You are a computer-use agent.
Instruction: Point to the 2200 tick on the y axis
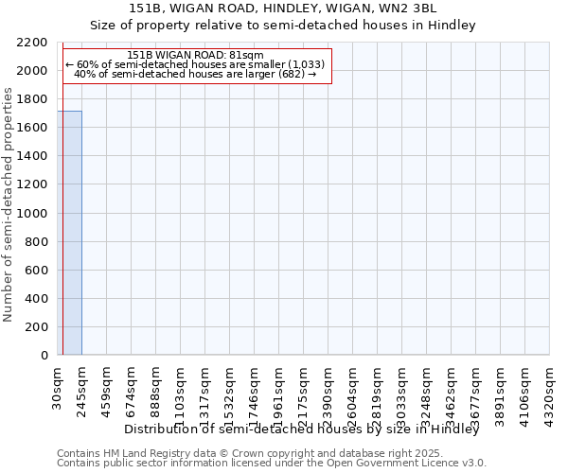click(x=34, y=43)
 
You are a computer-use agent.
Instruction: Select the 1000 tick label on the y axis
click(x=34, y=213)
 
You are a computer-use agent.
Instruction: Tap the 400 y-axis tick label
click(x=38, y=298)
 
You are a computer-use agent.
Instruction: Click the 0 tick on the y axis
click(x=44, y=356)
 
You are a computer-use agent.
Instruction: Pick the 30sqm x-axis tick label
click(x=57, y=382)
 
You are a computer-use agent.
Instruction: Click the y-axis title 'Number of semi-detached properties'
click(x=9, y=204)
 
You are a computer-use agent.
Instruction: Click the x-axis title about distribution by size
click(x=314, y=429)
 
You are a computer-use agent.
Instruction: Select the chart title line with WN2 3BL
click(x=282, y=8)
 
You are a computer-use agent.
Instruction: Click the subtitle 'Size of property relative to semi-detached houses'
click(x=282, y=26)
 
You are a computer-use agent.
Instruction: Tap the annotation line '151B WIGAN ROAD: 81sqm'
click(x=195, y=55)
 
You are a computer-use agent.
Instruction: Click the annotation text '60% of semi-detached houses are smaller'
click(x=195, y=64)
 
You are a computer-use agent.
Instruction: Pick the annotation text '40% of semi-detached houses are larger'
click(x=195, y=74)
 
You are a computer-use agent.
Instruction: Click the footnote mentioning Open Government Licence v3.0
click(x=272, y=463)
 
